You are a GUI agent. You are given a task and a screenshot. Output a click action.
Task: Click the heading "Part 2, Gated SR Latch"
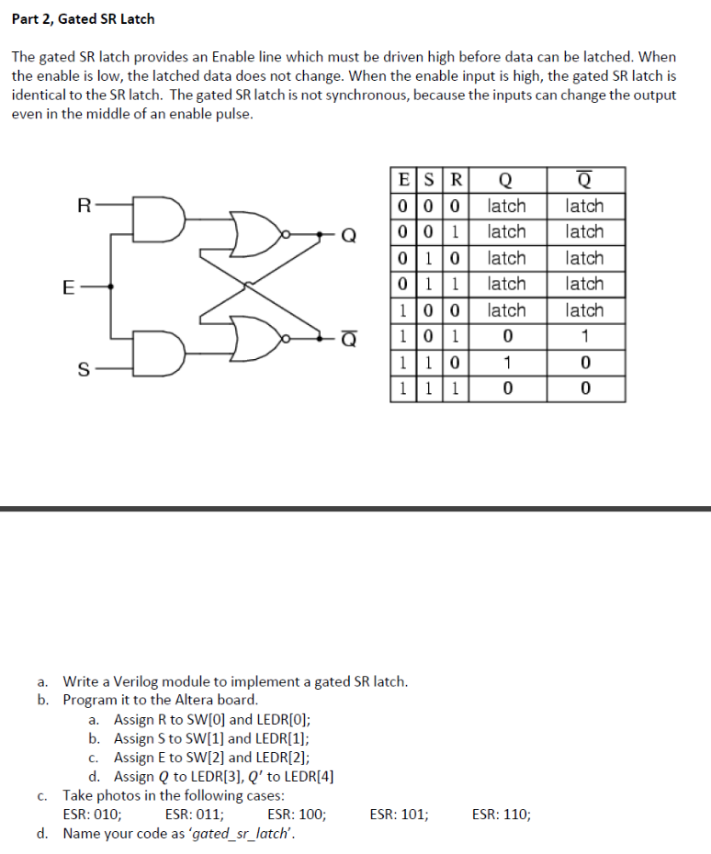[83, 18]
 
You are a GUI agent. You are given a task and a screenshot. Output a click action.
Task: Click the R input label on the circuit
[84, 206]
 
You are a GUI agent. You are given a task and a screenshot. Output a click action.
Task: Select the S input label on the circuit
[84, 369]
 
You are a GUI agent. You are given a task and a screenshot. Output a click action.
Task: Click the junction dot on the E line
[111, 287]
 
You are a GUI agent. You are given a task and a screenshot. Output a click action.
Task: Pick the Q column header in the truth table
[506, 180]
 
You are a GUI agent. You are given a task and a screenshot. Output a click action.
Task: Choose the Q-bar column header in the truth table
[585, 180]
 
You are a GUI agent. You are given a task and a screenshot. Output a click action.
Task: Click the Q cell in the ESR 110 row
[506, 364]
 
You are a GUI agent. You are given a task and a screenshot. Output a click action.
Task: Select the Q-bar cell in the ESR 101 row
[585, 337]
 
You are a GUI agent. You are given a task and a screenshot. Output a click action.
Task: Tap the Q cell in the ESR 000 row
[506, 206]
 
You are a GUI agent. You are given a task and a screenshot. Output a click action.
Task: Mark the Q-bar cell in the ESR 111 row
[585, 389]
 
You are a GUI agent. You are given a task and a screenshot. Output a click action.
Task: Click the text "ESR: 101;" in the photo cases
[398, 814]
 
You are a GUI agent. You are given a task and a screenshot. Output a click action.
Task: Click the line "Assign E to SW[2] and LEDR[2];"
[211, 758]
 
